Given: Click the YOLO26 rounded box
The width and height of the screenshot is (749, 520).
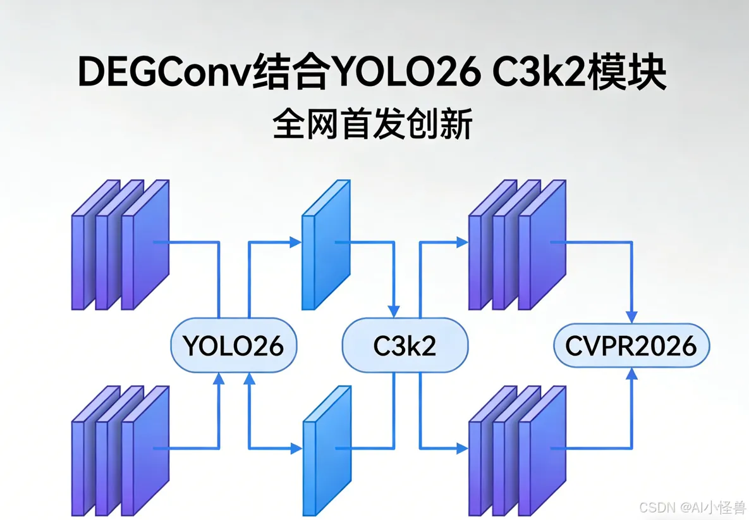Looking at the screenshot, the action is coord(234,345).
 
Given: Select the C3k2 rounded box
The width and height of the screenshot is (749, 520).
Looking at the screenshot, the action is coord(405,345).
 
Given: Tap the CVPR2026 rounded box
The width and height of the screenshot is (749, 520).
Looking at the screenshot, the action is coord(631,345).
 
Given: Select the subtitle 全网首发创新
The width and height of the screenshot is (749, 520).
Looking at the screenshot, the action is coord(373,123).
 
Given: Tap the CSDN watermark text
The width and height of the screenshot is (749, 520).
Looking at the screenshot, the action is coord(692,507).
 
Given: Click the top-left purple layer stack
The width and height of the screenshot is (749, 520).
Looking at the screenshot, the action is coord(120,245).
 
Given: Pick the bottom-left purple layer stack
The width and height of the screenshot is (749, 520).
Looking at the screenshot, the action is coord(120,450).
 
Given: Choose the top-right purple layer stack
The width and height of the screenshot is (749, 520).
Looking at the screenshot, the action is coord(517,245).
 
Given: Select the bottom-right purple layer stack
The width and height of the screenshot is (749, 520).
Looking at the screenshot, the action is coord(517,450).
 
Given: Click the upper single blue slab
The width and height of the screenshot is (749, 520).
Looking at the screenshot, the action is coord(326,245).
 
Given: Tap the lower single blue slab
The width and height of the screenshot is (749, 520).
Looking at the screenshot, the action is coord(327,450).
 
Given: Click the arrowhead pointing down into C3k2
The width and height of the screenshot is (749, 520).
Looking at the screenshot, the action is coord(394,312).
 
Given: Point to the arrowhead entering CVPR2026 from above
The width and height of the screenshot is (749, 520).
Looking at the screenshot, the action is coord(631,317).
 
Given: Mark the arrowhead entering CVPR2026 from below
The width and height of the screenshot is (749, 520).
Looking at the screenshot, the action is coord(631,374).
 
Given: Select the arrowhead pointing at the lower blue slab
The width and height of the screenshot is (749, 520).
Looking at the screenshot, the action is coord(296,449).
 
